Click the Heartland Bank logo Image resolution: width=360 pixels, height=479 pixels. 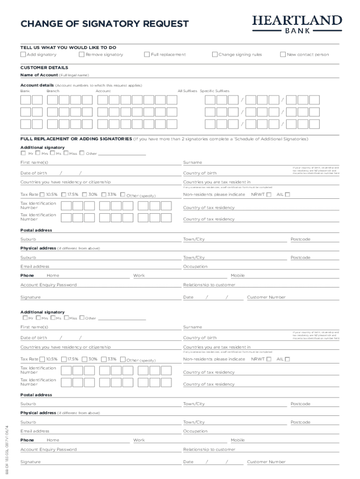(297, 23)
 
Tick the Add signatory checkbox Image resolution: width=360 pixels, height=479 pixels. (23, 54)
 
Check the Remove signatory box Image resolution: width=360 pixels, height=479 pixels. (82, 54)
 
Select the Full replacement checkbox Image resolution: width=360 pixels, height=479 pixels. (147, 54)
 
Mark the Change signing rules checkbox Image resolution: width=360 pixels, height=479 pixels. (215, 54)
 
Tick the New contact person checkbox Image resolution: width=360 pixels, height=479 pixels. (282, 54)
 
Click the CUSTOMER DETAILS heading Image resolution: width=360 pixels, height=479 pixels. (44, 67)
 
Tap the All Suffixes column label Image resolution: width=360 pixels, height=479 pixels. (187, 91)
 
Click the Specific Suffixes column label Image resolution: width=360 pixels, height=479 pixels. (215, 91)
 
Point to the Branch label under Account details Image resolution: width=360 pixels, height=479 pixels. (53, 91)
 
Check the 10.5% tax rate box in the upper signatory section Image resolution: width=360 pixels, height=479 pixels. (43, 195)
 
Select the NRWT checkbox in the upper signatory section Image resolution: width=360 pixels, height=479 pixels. (269, 195)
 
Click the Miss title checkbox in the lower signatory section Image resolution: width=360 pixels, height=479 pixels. (66, 318)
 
